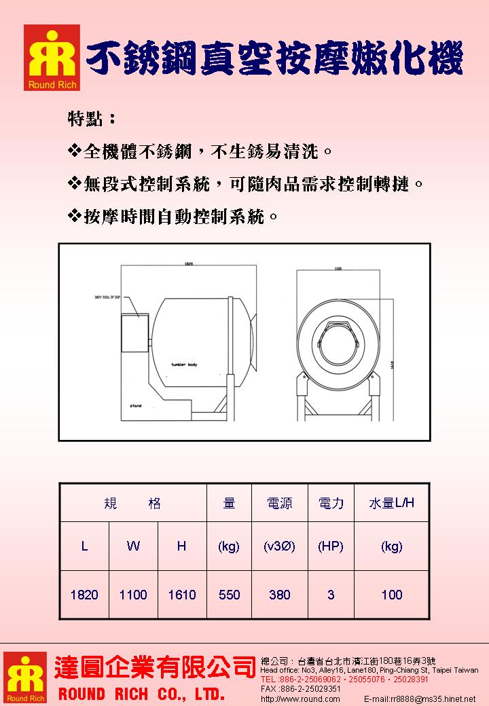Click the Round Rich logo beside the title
52,58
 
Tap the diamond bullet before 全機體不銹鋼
75,150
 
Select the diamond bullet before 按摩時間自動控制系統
75,217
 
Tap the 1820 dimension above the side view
189,263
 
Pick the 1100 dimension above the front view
338,270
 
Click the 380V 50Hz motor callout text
112,297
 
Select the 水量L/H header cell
391,503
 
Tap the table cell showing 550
230,595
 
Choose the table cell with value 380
279,595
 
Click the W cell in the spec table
133,546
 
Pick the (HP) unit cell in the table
331,546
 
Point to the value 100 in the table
392,595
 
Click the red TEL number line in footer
344,679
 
